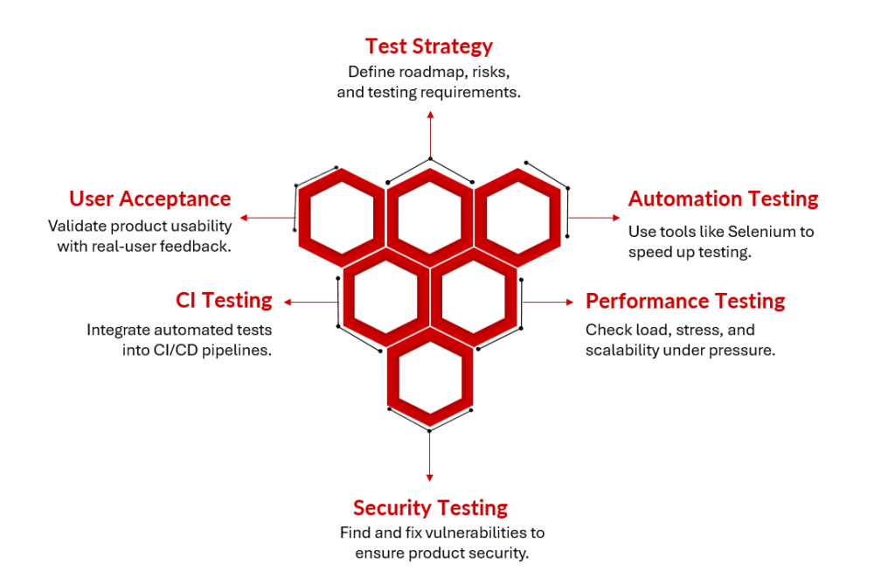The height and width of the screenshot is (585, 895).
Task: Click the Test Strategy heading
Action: [x=428, y=46]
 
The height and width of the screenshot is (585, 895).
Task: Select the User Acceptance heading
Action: [x=150, y=198]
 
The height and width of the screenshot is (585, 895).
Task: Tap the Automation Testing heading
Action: [x=723, y=198]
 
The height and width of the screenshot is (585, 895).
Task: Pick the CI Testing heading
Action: [x=224, y=301]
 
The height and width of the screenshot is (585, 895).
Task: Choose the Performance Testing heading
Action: [x=685, y=301]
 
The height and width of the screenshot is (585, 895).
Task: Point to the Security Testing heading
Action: [x=430, y=508]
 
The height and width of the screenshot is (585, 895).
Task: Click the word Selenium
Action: [x=753, y=232]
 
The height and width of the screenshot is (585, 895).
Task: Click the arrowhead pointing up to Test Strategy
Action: [x=430, y=115]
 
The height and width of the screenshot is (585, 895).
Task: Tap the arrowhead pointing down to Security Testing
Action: [x=430, y=477]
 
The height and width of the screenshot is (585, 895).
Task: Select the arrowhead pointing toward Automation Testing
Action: [x=616, y=218]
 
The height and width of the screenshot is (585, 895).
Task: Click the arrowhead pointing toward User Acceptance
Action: [x=244, y=218]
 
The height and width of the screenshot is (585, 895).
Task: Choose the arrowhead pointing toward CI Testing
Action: [x=288, y=303]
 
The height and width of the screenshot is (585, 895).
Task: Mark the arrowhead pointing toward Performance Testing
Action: [x=570, y=303]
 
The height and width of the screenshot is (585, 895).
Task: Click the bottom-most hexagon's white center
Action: [x=430, y=377]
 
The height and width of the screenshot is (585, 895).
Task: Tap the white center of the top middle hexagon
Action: [x=430, y=217]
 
